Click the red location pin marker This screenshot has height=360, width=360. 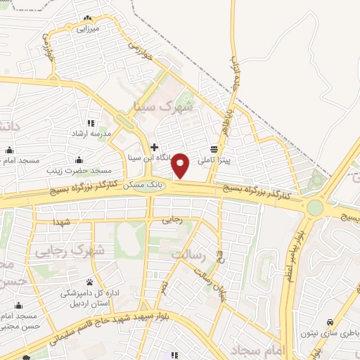181,166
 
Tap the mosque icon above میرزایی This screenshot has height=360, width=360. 87,18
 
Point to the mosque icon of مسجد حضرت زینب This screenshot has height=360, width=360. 78,159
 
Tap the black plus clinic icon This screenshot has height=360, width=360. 154,147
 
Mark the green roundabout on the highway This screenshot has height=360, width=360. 315,207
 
